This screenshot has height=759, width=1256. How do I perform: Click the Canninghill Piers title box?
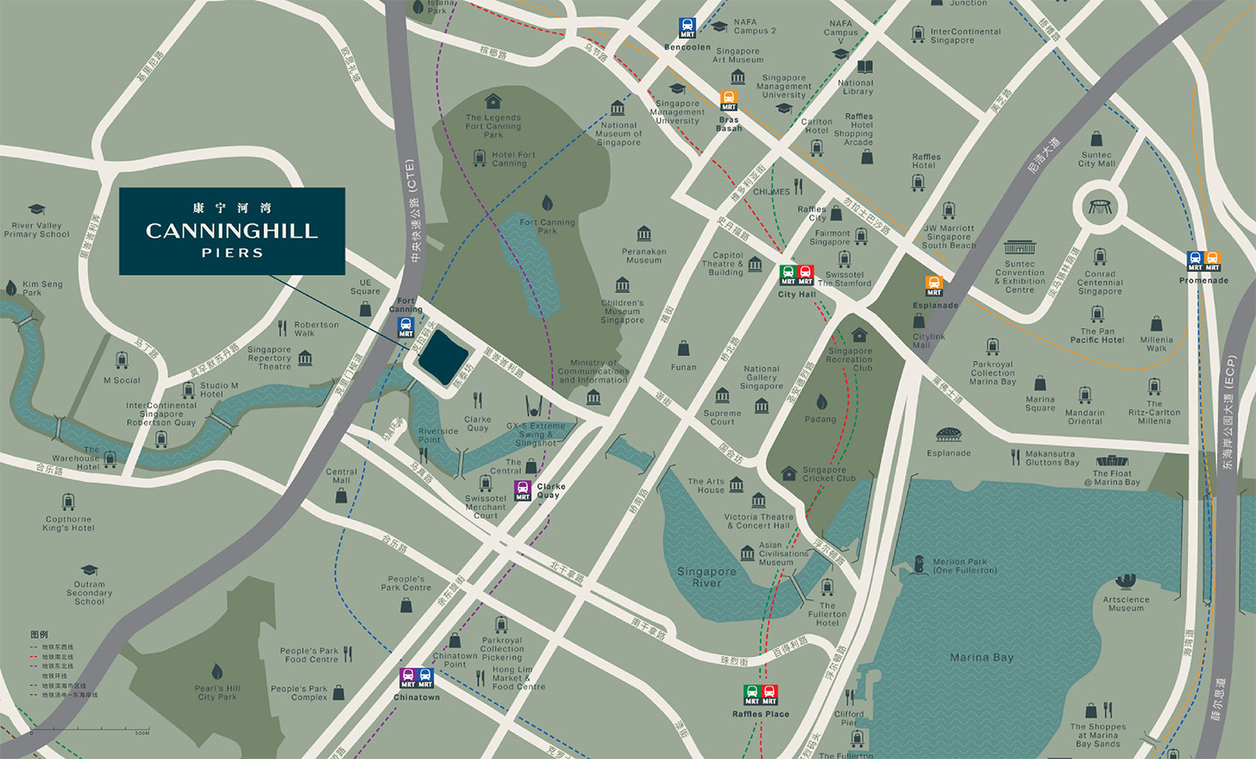point(232,231)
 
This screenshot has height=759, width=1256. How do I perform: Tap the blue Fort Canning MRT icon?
point(405,327)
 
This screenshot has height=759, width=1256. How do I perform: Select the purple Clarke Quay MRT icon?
point(522,490)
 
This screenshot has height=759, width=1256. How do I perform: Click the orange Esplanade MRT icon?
point(933,286)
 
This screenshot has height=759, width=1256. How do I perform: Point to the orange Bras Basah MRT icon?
point(728,101)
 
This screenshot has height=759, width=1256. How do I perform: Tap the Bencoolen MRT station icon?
point(687,28)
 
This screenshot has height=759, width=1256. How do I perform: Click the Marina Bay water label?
point(981,657)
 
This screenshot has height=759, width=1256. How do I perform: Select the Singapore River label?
point(706,576)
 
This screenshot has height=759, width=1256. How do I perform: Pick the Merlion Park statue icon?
point(920,566)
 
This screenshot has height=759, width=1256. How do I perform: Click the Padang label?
point(820,419)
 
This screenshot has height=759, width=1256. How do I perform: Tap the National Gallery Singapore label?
point(762,377)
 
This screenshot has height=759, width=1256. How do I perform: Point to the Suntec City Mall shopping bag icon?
point(1096,138)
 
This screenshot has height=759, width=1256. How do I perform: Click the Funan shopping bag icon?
point(683,349)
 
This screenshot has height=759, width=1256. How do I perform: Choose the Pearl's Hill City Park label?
point(218,692)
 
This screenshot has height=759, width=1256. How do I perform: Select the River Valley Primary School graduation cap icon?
point(36,210)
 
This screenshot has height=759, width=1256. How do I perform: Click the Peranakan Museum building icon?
point(644,234)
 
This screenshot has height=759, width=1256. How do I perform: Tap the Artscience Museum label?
point(1126,604)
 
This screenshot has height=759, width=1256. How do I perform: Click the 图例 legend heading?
point(39,634)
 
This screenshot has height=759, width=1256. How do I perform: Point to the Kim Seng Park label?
point(42,288)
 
